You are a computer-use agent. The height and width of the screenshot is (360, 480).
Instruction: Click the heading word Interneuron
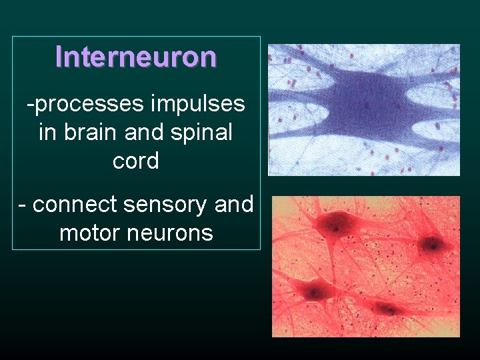[x=136, y=57]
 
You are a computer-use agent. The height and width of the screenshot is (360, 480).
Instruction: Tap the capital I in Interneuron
[x=59, y=57]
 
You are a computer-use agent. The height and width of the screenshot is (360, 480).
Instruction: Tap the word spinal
[x=200, y=132]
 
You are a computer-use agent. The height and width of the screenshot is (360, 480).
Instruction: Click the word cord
[x=136, y=161]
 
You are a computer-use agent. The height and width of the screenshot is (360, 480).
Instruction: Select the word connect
[x=72, y=204]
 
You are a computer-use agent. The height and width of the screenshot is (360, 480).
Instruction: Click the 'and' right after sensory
[x=234, y=204]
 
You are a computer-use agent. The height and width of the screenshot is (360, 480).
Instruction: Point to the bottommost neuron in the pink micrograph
[x=385, y=308]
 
